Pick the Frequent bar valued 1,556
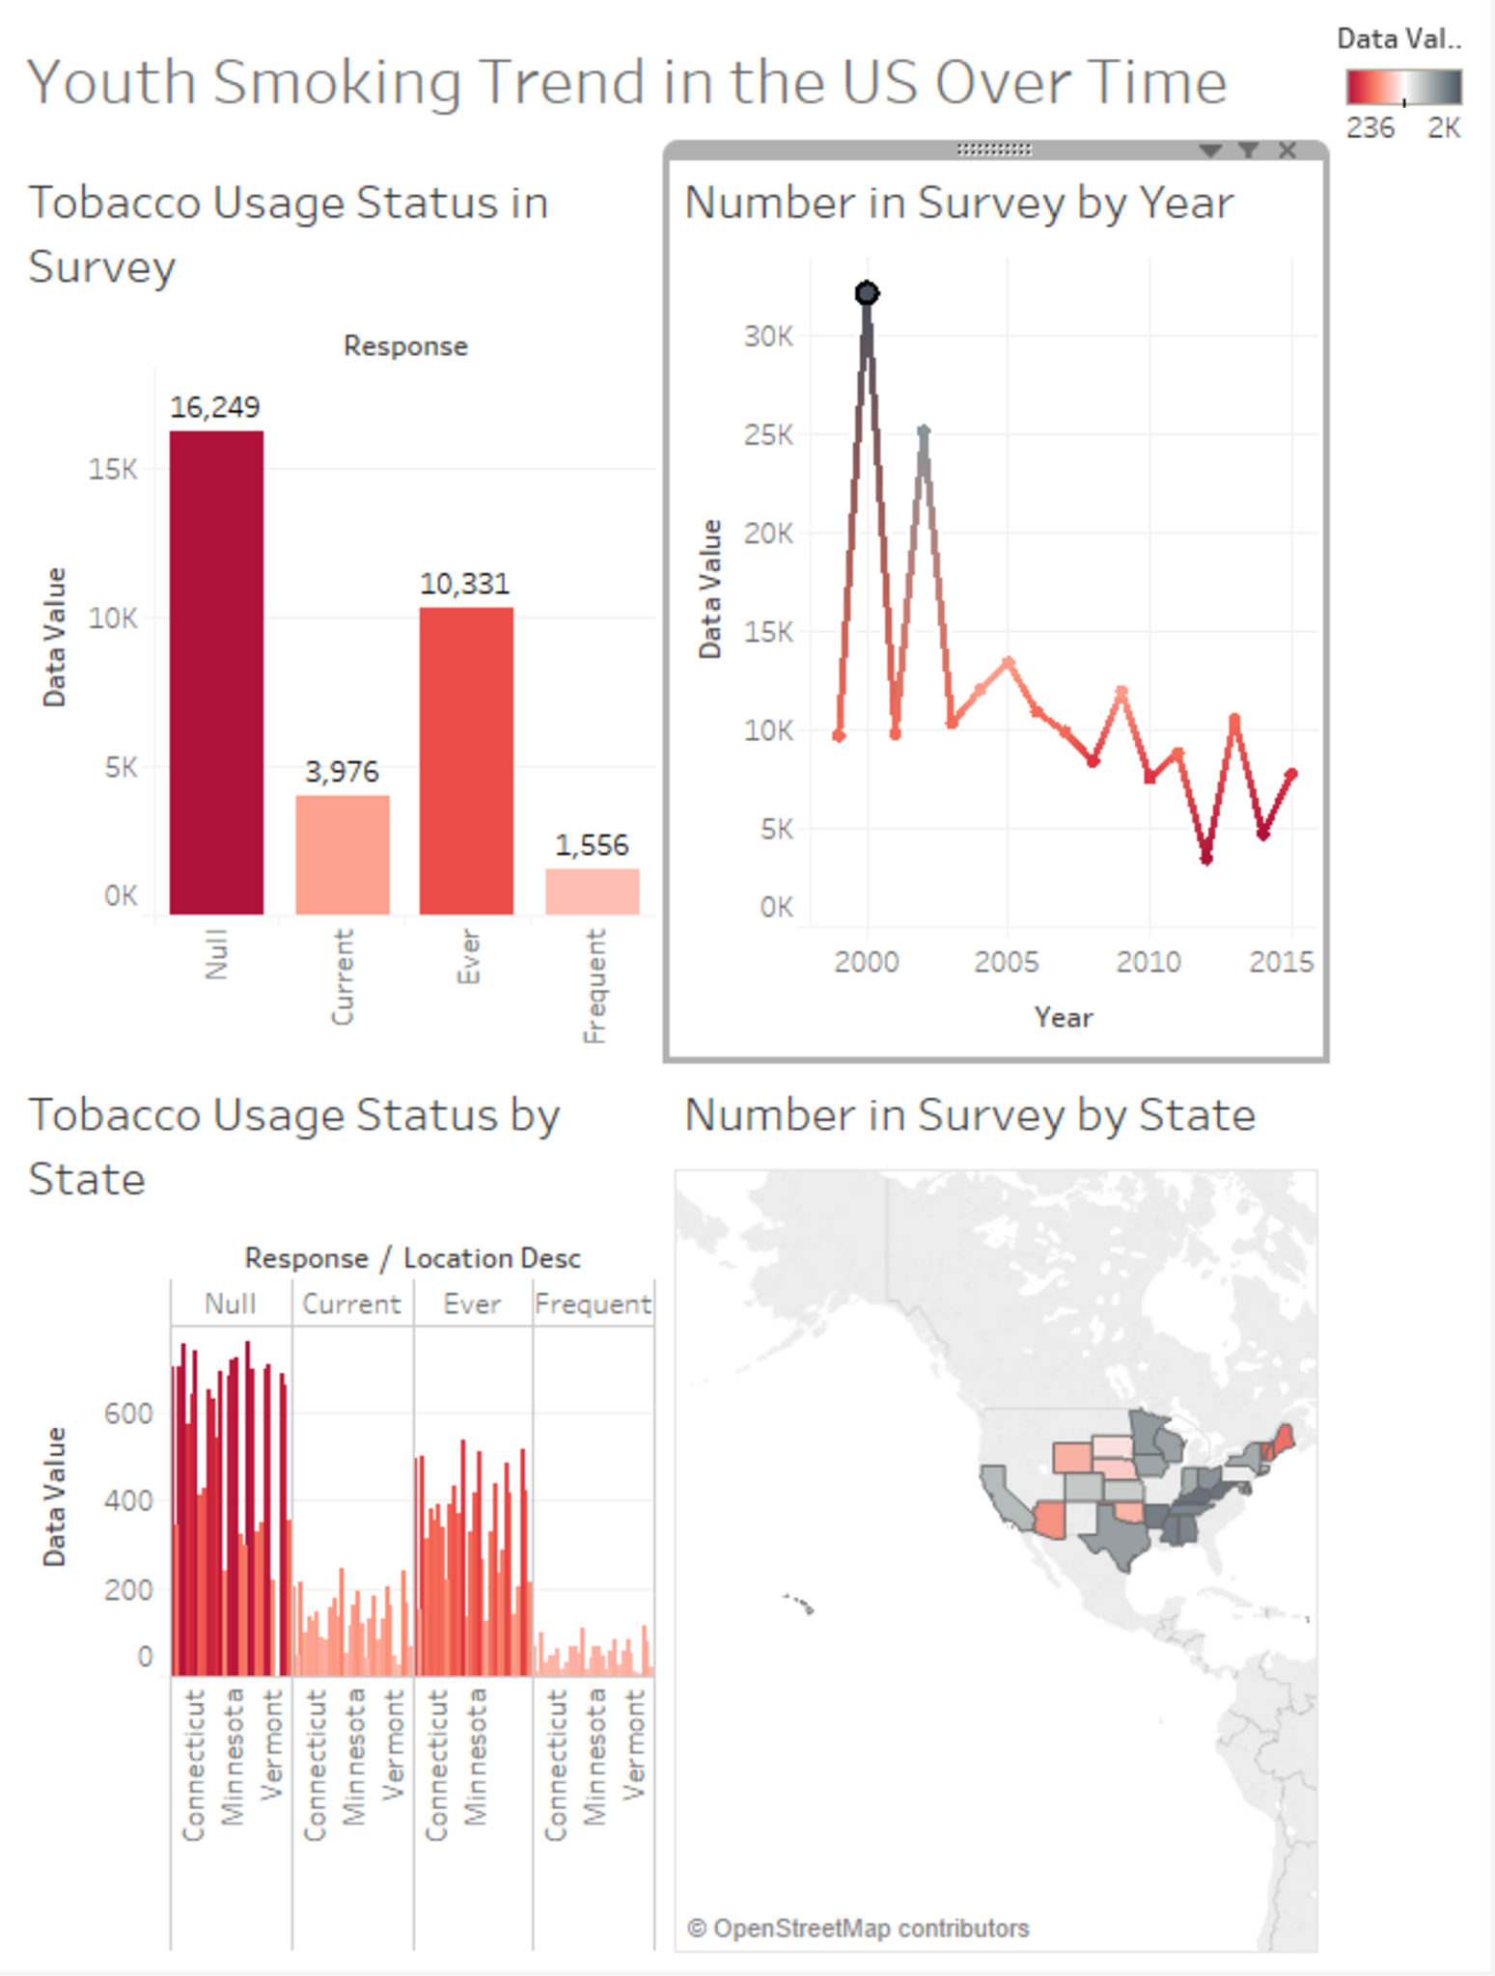click(x=592, y=891)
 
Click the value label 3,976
click(x=342, y=772)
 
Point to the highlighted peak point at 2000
click(x=867, y=292)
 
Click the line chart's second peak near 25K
click(x=924, y=431)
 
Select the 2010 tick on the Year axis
click(x=1148, y=962)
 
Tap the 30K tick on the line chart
click(x=768, y=337)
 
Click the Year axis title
click(x=1064, y=1017)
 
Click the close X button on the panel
click(x=1287, y=150)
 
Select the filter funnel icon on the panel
click(x=1249, y=150)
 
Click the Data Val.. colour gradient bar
click(x=1403, y=87)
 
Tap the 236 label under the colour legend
click(x=1370, y=128)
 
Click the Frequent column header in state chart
click(x=593, y=1304)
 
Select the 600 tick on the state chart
click(x=128, y=1413)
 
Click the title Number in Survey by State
click(x=969, y=1115)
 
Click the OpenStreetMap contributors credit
click(x=858, y=1928)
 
